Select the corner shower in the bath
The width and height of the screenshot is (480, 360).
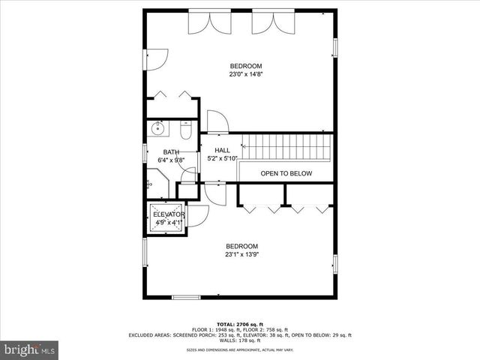pyautogui.click(x=156, y=182)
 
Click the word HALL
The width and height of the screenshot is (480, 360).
pyautogui.click(x=222, y=150)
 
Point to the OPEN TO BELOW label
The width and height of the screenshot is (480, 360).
pyautogui.click(x=286, y=173)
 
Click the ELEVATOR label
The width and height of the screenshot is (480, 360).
pyautogui.click(x=169, y=214)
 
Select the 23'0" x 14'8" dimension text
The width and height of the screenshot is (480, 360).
pyautogui.click(x=245, y=74)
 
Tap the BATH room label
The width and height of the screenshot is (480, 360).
pyautogui.click(x=171, y=152)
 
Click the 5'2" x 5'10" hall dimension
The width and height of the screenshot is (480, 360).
pyautogui.click(x=222, y=159)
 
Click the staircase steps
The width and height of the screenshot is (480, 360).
pyautogui.click(x=289, y=145)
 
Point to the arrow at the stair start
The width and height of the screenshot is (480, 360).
pyautogui.click(x=243, y=145)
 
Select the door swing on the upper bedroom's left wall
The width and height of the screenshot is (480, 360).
pyautogui.click(x=156, y=59)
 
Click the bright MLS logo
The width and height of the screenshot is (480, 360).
pyautogui.click(x=30, y=349)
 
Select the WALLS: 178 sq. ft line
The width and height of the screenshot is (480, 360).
pyautogui.click(x=239, y=340)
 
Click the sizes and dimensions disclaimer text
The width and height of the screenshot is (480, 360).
pyautogui.click(x=239, y=350)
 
